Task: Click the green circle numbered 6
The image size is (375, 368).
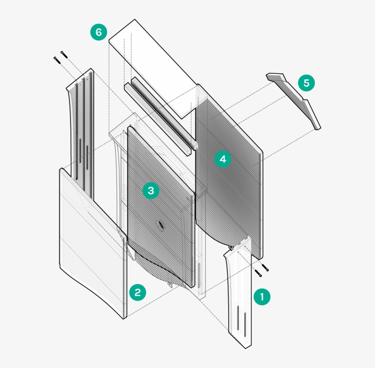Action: [98, 32]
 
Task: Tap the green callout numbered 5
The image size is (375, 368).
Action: [306, 83]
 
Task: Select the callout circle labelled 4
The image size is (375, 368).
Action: [223, 159]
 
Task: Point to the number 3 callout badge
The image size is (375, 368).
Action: [151, 191]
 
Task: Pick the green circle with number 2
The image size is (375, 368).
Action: [138, 292]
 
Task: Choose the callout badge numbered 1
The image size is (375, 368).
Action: [262, 297]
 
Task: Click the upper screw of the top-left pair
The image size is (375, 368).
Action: [64, 55]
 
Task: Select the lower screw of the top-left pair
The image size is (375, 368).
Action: [57, 60]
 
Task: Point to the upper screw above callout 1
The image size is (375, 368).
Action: [265, 268]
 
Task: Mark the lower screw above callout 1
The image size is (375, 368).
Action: [258, 273]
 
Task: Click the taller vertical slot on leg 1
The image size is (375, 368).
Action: [238, 317]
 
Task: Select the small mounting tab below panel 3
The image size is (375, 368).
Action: [169, 284]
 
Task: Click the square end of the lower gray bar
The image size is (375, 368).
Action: [189, 153]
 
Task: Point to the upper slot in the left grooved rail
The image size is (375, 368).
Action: [80, 151]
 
